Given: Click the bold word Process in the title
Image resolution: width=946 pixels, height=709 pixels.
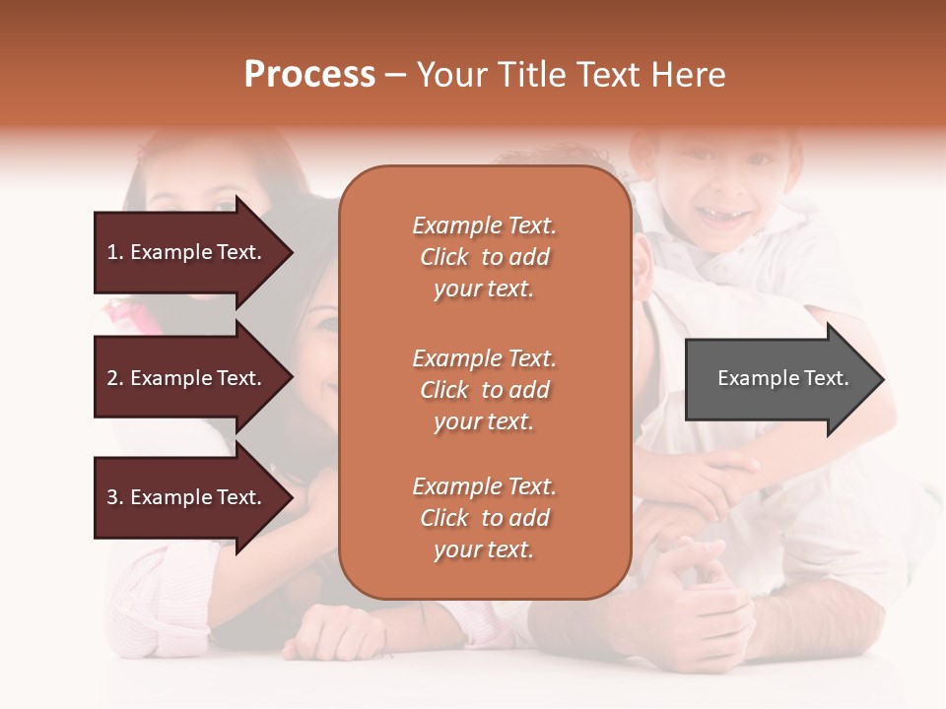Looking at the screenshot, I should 309,75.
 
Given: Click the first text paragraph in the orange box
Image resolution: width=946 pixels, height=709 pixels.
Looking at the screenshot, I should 484,257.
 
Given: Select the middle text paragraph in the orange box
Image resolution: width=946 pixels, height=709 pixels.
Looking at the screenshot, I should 484,390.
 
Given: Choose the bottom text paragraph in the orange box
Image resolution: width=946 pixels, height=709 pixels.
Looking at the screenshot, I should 484,518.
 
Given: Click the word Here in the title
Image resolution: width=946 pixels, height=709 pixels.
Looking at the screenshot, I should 690,75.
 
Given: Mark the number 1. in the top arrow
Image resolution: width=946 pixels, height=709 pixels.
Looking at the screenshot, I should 115,252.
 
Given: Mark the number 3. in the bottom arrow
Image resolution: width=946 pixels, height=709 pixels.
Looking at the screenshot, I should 115,497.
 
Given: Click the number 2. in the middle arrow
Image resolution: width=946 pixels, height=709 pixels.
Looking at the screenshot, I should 115,378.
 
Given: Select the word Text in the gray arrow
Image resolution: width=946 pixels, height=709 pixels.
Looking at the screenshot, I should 827,378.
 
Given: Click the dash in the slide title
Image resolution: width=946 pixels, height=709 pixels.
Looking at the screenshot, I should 395,75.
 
